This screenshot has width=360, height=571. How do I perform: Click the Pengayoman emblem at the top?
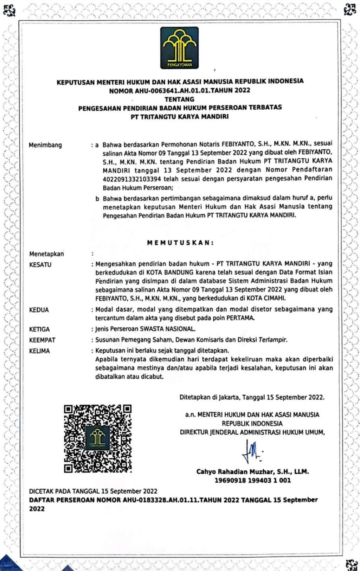click(179, 47)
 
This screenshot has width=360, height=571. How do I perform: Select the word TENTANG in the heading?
click(179, 99)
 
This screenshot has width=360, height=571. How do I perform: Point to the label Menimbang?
click(45, 145)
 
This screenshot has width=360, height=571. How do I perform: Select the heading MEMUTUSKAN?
click(180, 243)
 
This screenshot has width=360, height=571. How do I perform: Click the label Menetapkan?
click(46, 254)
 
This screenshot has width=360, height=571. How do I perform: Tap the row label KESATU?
click(40, 264)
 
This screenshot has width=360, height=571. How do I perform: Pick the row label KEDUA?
click(39, 310)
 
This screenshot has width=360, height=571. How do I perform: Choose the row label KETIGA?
click(39, 329)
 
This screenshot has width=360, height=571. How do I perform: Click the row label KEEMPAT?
click(42, 340)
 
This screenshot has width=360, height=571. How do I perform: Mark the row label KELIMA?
click(39, 351)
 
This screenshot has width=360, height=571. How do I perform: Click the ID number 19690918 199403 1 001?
click(253, 480)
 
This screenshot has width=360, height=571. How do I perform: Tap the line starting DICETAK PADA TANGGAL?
click(93, 491)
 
